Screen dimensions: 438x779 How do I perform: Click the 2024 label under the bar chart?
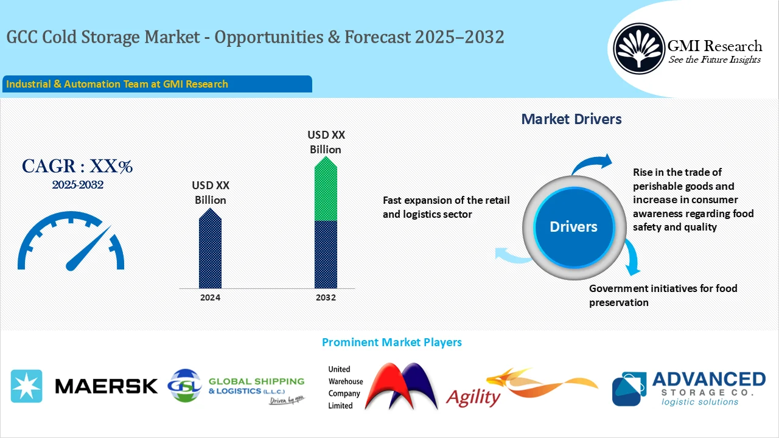coord(210,297)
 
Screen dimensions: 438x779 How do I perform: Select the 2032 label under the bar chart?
coord(326,297)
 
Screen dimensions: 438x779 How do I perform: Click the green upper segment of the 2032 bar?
coord(326,192)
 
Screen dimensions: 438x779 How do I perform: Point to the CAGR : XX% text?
coord(77,166)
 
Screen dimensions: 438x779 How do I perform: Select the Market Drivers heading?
coord(571,119)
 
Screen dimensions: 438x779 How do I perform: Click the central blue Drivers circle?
coord(573,227)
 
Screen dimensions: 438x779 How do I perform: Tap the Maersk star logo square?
coord(27,386)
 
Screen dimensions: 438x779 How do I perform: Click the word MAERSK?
coord(106,386)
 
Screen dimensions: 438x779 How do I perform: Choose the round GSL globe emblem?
coord(184,386)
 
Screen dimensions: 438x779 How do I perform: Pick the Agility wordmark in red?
coord(473,397)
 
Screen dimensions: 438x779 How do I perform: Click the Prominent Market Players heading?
coord(391,342)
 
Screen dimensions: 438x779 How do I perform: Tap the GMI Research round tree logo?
coord(638,49)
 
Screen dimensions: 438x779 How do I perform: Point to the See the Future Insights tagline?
coord(714,60)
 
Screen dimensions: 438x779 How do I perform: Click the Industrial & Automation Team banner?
coord(157,84)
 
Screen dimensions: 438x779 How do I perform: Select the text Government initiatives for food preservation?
coord(663,295)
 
